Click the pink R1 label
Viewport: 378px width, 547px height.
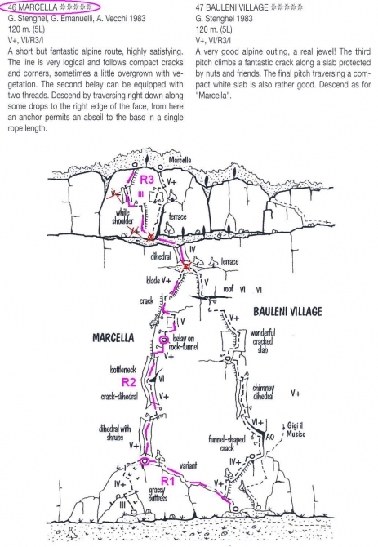[x=167, y=481]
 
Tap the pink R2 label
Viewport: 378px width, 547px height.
[x=128, y=382]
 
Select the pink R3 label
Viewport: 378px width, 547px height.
[x=147, y=180]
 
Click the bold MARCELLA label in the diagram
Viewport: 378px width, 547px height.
[x=113, y=338]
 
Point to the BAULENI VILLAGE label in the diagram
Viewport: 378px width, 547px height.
[x=287, y=311]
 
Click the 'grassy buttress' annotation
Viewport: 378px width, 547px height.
[x=158, y=494]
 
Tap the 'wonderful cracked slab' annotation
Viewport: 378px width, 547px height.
[x=263, y=340]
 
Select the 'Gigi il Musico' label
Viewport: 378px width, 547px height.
[x=296, y=429]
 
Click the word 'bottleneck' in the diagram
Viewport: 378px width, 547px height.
[x=122, y=370]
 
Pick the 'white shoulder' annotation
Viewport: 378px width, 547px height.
[x=122, y=216]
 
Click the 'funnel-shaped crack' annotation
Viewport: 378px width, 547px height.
[x=227, y=443]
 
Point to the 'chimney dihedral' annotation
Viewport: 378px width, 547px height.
[x=263, y=392]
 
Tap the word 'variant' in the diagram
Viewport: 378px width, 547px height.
[x=189, y=465]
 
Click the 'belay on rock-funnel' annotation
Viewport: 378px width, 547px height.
[x=184, y=342]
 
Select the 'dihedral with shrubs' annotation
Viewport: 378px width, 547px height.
[x=114, y=432]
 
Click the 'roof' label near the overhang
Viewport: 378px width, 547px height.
[x=228, y=289]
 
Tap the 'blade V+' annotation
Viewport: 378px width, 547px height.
[x=158, y=280]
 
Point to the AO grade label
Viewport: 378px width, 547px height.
[x=270, y=437]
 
